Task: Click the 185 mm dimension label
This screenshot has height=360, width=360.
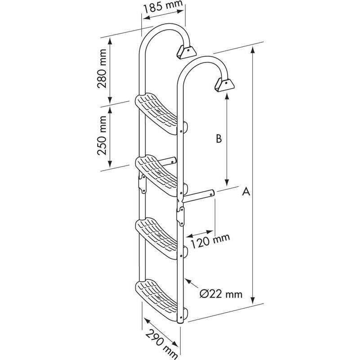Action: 163,6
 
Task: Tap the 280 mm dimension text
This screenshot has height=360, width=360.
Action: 102,68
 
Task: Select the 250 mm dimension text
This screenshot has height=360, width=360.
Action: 102,135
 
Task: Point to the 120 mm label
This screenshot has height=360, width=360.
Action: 210,241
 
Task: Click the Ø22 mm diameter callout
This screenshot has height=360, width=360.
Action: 221,294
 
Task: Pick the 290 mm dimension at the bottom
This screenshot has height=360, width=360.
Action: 162,344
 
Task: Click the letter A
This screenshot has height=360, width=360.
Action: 246,192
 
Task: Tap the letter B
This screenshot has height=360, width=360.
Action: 219,139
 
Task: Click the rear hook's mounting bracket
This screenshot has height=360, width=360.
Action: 186,52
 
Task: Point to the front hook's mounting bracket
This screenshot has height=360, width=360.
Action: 225,85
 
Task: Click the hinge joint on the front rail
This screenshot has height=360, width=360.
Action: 180,216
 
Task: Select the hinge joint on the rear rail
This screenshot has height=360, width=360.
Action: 142,184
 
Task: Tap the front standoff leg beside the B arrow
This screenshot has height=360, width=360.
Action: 198,196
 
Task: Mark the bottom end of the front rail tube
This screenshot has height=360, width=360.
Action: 180,323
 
